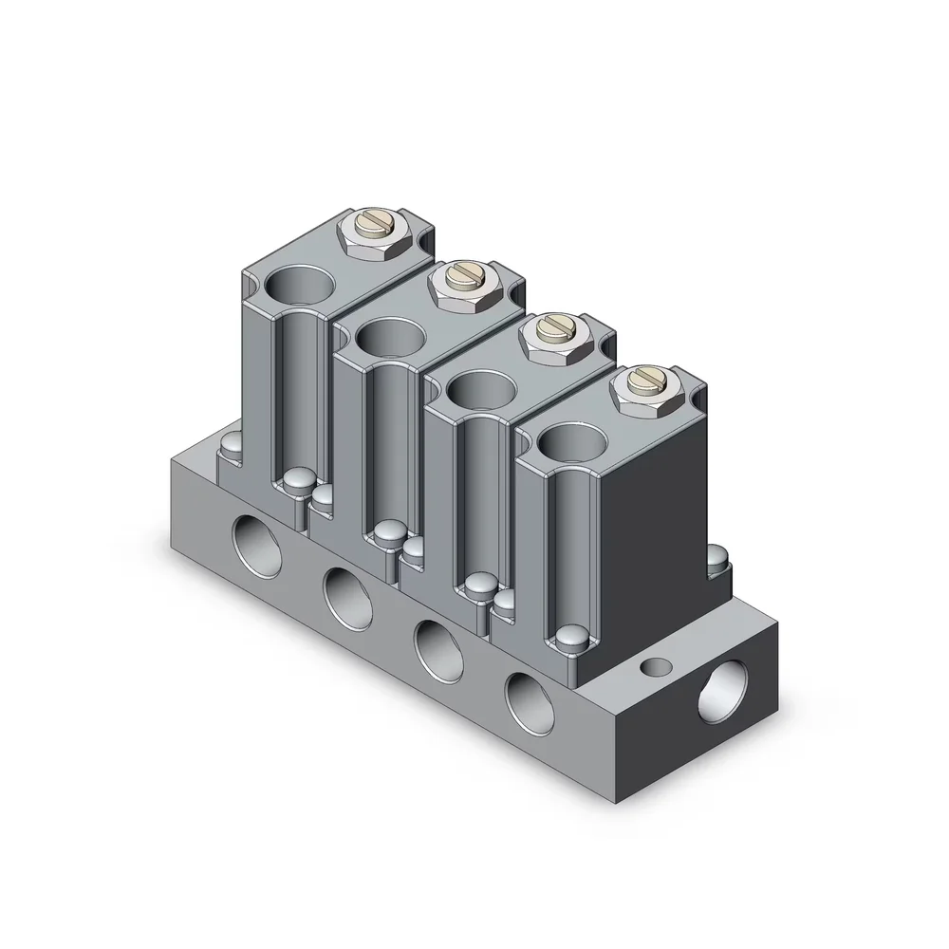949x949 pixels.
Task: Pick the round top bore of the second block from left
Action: (390, 337)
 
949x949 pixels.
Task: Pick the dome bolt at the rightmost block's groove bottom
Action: (572, 638)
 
